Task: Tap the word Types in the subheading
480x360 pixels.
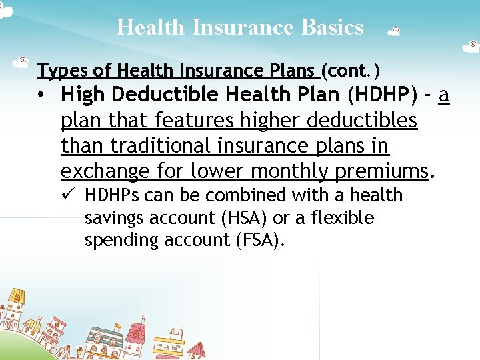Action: point(57,70)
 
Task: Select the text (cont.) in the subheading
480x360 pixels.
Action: point(351,70)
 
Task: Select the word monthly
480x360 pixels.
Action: point(290,171)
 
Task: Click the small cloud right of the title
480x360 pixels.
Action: point(393,31)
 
